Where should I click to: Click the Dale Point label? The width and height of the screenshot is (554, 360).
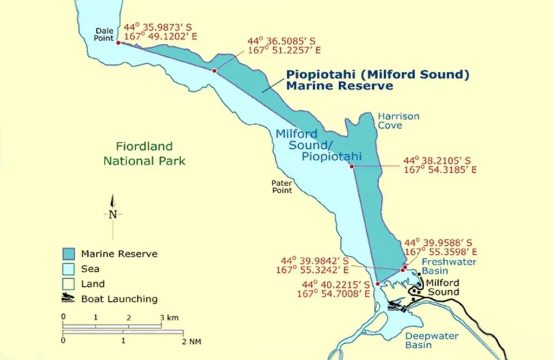[x=104, y=34]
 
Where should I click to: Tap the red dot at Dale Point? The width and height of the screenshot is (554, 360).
[x=118, y=42]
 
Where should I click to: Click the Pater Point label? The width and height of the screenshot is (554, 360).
[x=282, y=187]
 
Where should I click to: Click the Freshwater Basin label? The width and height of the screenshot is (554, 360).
[x=441, y=266]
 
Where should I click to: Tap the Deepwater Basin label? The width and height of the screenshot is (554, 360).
[x=432, y=341]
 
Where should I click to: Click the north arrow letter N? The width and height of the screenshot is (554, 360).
[x=113, y=214]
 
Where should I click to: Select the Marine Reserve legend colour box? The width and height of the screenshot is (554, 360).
[x=69, y=254]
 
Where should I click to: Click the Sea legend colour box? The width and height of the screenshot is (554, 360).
[x=69, y=269]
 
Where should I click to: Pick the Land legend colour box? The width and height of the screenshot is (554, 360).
[x=69, y=284]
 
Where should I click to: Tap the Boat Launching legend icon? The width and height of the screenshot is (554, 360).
[x=69, y=299]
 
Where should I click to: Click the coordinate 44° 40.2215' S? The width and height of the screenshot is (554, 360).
[x=336, y=285]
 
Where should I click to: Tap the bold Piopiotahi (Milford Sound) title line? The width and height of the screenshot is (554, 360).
[x=377, y=75]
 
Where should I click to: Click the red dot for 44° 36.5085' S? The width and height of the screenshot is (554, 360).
[x=214, y=71]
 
